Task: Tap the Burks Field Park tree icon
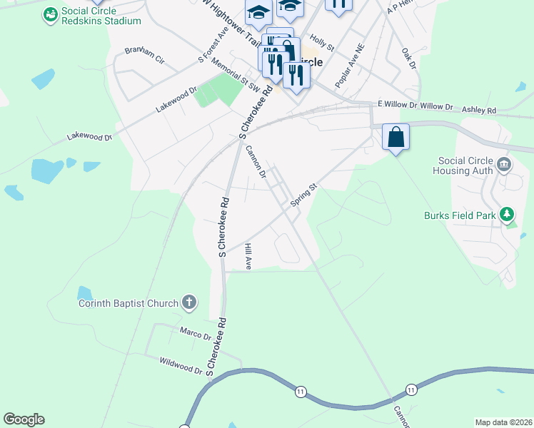click(x=507, y=213)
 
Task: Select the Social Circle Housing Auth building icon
click(x=504, y=165)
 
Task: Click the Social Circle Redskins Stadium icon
click(x=50, y=14)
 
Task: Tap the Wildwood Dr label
click(x=181, y=366)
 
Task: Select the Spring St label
click(x=303, y=194)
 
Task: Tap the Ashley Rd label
click(x=478, y=111)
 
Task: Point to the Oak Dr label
click(x=408, y=59)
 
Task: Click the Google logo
click(x=24, y=419)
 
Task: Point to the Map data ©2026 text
click(x=503, y=422)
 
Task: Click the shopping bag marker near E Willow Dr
click(x=396, y=136)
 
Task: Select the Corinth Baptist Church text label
click(x=128, y=303)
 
